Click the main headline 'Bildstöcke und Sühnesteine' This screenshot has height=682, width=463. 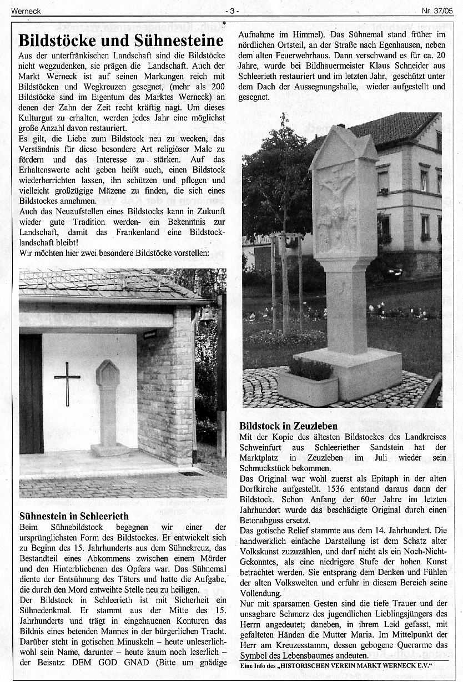tap(121, 41)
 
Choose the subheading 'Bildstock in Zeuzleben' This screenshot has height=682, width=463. tap(289, 426)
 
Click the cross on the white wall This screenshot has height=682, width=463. tap(67, 382)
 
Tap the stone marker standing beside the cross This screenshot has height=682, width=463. tap(108, 402)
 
